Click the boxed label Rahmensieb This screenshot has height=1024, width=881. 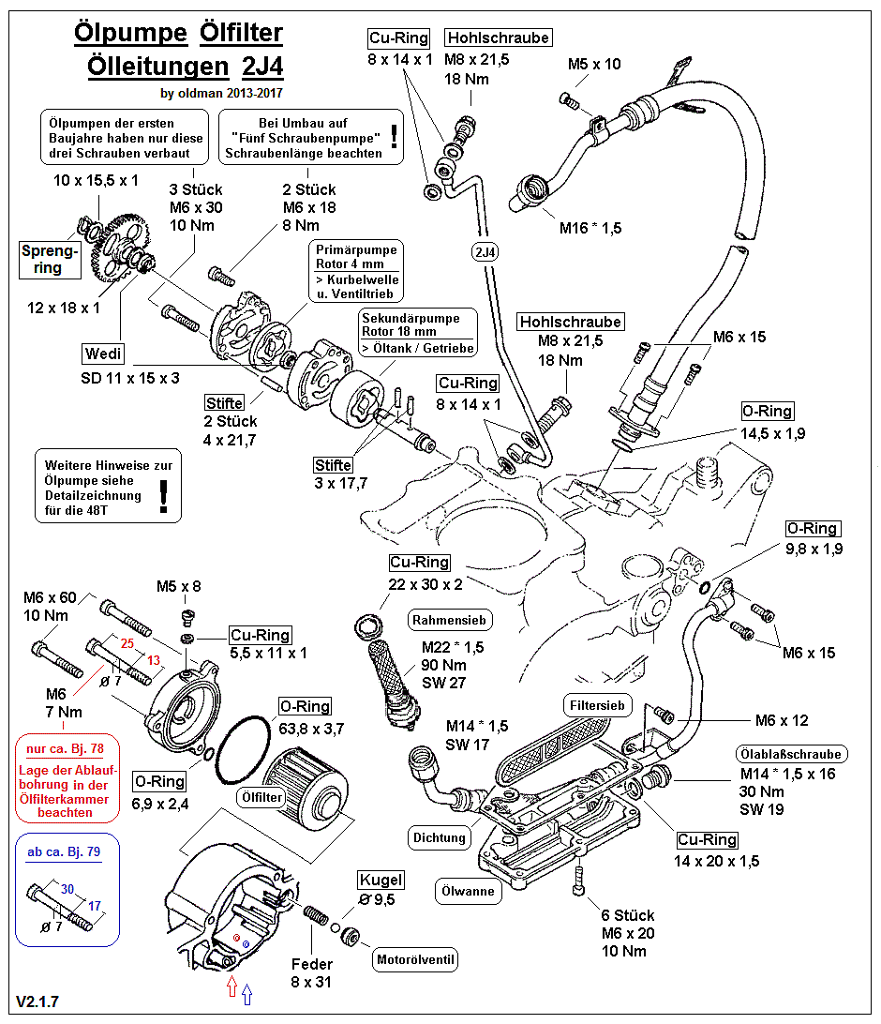(451, 620)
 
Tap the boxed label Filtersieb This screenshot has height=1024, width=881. (596, 704)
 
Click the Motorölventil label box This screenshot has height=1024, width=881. (415, 959)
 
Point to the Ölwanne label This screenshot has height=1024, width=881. (468, 892)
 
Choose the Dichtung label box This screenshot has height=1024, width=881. (438, 837)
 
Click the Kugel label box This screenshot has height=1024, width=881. (381, 880)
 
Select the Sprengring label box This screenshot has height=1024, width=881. (50, 260)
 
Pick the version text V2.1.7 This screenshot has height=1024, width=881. (37, 1002)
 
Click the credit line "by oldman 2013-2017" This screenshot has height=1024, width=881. (221, 93)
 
